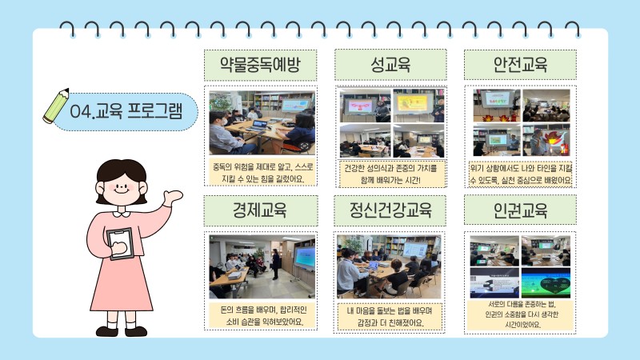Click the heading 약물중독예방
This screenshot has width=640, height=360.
tap(261, 65)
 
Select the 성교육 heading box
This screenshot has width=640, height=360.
tap(390, 65)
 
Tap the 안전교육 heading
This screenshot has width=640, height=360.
tap(520, 65)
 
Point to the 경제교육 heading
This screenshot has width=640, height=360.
tap(261, 210)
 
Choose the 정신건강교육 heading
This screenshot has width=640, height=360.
tap(390, 210)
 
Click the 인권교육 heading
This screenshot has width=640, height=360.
tap(520, 210)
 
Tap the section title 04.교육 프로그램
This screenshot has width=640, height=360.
tap(126, 111)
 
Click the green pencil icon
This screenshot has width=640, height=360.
tap(56, 106)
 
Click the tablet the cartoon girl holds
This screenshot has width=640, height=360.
tap(121, 244)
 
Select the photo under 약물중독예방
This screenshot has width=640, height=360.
tap(262, 122)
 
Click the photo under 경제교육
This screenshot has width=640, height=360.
tap(262, 266)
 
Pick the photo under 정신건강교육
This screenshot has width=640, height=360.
tap(389, 266)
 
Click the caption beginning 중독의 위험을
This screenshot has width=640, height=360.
tap(262, 173)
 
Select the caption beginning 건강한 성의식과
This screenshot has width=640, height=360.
tap(390, 174)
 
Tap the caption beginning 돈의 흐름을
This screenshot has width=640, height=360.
tap(263, 316)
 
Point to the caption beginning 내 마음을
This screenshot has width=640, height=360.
tap(390, 317)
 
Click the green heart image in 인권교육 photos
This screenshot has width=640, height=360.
tap(546, 283)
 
